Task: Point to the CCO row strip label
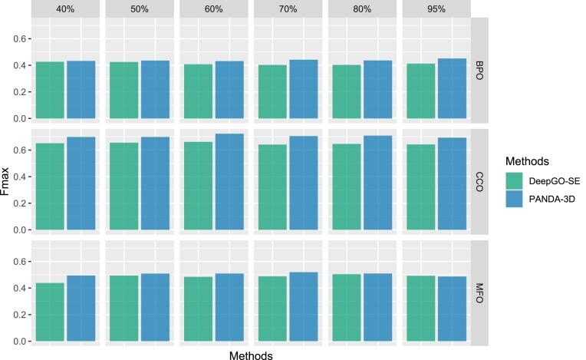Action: point(479,181)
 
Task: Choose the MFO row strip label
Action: point(479,292)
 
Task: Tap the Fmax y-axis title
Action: point(8,182)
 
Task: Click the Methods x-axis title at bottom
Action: point(252,354)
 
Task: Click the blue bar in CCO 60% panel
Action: point(228,182)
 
